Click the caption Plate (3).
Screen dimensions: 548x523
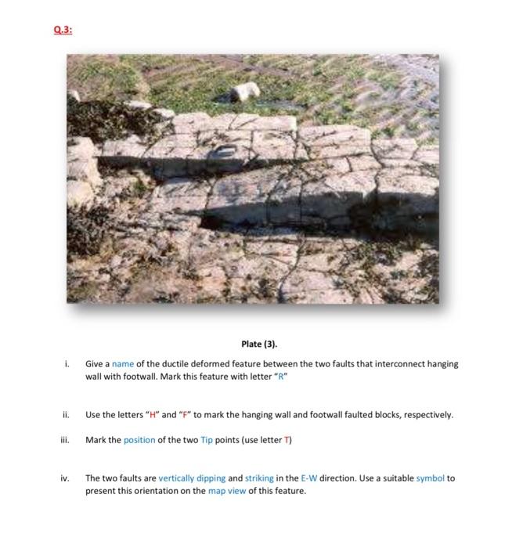[259, 344]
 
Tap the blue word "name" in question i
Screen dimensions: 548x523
[123, 364]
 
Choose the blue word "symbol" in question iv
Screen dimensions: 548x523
[431, 478]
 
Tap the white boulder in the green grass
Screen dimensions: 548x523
[245, 92]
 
